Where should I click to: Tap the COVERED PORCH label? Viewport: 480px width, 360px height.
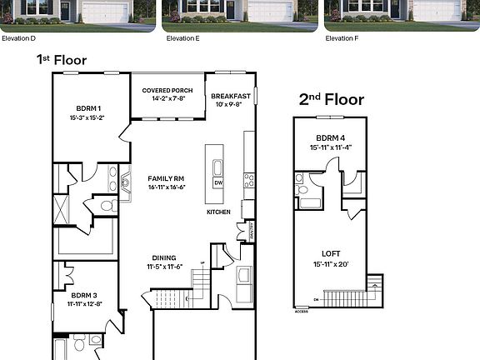click(167, 90)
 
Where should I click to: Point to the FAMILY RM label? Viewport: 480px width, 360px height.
click(166, 178)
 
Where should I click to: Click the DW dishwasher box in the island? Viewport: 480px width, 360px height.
click(217, 182)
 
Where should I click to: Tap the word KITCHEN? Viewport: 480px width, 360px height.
click(218, 212)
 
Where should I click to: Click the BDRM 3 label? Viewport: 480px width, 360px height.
click(85, 295)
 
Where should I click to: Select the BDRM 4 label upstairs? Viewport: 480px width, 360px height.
click(331, 138)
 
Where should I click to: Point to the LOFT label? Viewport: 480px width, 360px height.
click(331, 253)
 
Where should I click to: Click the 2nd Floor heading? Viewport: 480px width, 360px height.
click(331, 100)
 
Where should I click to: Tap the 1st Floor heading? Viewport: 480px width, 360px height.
click(61, 59)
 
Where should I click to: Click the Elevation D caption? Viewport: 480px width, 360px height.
click(18, 38)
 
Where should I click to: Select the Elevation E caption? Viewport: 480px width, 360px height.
click(182, 38)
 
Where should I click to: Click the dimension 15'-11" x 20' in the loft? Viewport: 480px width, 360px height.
click(331, 264)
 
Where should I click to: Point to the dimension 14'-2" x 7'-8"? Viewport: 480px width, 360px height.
click(167, 98)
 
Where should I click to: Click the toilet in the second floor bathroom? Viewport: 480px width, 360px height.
click(299, 177)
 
